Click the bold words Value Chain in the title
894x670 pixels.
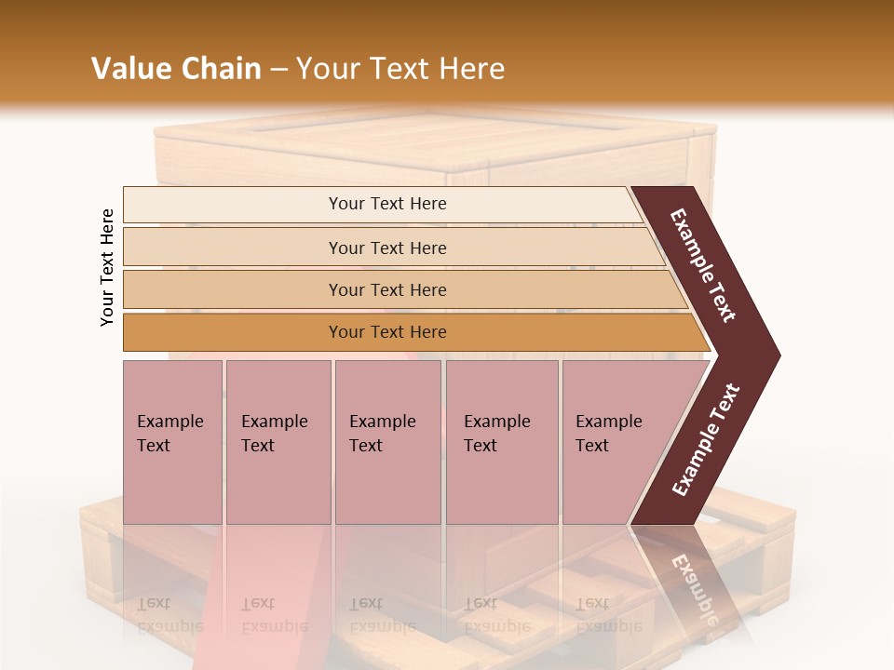tap(176, 69)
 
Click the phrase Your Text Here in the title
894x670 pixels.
tap(400, 69)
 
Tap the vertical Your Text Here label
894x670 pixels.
tap(107, 267)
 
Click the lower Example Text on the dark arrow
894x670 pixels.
tap(706, 440)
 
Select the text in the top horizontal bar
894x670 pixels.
tap(387, 204)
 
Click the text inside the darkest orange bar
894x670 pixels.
tap(387, 332)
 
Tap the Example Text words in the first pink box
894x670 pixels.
tap(169, 434)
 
